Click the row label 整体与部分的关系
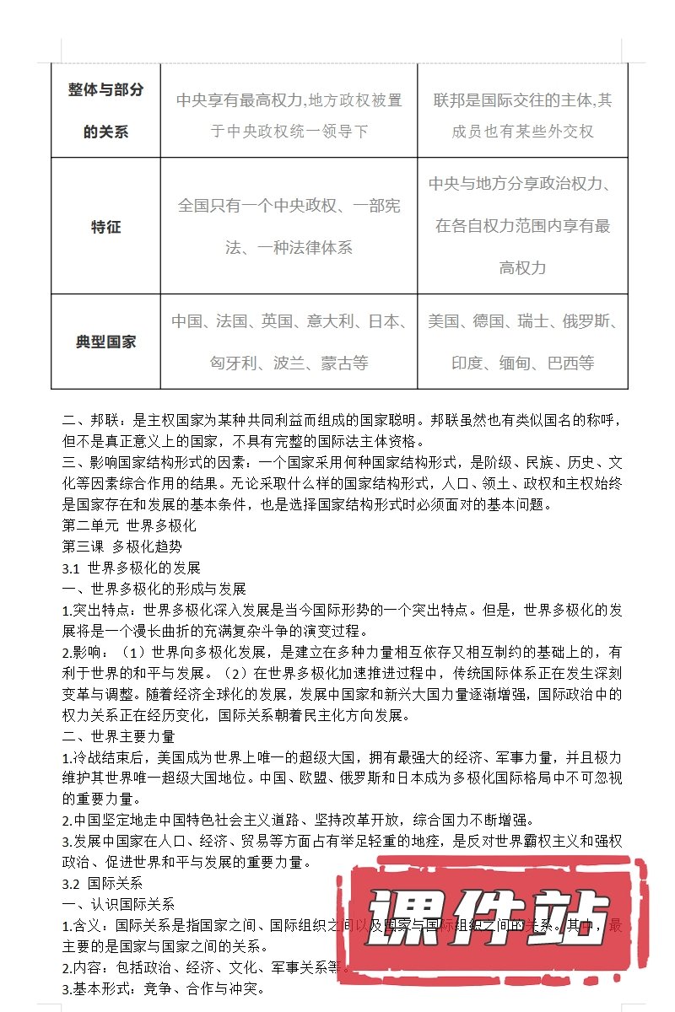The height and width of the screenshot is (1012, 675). (x=105, y=110)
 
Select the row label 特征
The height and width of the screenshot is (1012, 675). (x=105, y=227)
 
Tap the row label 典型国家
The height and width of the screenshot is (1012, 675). (x=105, y=342)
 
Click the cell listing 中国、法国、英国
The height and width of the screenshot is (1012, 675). (x=289, y=342)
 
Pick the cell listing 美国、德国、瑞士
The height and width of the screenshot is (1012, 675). (x=522, y=342)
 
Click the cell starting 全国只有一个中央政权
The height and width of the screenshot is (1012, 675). (x=289, y=226)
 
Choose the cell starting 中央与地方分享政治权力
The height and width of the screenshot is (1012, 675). (x=522, y=226)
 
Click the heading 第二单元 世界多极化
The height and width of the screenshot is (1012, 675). (x=129, y=525)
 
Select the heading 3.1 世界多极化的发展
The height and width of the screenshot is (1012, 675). (x=132, y=568)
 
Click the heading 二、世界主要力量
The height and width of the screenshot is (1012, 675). (x=119, y=736)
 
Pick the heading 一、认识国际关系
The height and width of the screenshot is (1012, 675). (x=119, y=905)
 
